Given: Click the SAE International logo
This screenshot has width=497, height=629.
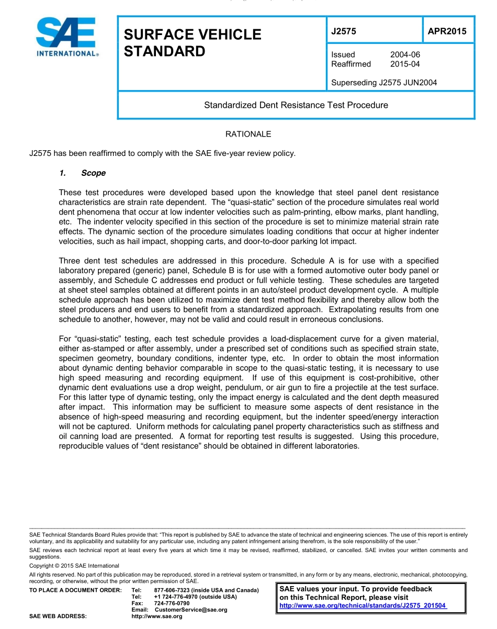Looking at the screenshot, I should tap(67, 37).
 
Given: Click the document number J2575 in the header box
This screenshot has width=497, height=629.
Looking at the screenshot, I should tap(344, 31).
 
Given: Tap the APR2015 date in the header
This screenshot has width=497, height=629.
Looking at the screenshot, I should tap(447, 31).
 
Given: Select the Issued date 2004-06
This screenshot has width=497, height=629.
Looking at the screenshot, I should tap(405, 54).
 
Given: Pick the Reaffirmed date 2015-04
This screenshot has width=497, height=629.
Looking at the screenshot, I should tap(405, 64).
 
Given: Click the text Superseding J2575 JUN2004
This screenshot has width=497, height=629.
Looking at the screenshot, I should tap(384, 82).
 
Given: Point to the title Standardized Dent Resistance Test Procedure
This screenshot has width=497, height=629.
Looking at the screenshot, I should tap(296, 105).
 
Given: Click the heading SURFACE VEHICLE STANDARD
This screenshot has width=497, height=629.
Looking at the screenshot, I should tap(192, 43).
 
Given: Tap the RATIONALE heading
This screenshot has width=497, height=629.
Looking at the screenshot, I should tap(248, 134).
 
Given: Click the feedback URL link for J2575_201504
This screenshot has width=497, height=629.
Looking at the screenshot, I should tap(363, 605).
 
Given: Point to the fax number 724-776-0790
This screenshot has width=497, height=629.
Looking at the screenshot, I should tap(172, 603).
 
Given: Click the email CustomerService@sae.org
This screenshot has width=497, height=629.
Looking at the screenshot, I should tap(191, 610).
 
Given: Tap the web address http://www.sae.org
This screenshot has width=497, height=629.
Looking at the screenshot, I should tap(157, 616).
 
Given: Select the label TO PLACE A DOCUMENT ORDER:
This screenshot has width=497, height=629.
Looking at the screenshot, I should tap(75, 590).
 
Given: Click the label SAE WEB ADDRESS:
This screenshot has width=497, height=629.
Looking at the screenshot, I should tap(58, 616).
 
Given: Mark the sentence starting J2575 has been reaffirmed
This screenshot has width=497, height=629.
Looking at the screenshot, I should tap(163, 153).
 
